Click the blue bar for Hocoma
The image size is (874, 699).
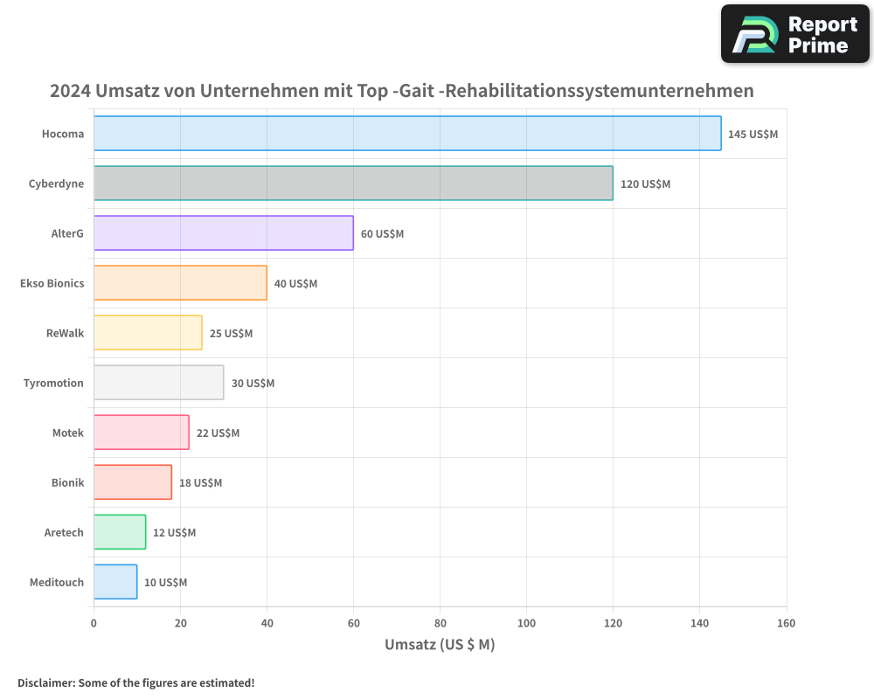pyautogui.click(x=407, y=134)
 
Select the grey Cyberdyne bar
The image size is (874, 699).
pyautogui.click(x=353, y=183)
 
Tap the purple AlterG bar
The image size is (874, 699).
pyautogui.click(x=224, y=233)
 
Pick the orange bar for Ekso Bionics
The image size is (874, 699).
pyautogui.click(x=180, y=283)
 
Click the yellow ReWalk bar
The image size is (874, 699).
pyautogui.click(x=148, y=333)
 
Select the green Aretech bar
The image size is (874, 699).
pyautogui.click(x=120, y=532)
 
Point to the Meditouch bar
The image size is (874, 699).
pyautogui.click(x=115, y=582)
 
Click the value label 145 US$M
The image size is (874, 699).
pyautogui.click(x=753, y=135)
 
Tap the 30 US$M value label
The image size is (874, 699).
pyautogui.click(x=253, y=384)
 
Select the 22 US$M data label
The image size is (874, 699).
pyautogui.click(x=218, y=433)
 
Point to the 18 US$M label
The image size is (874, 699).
pyautogui.click(x=200, y=483)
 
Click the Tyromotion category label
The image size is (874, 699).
pyautogui.click(x=53, y=384)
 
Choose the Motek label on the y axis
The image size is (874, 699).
pyautogui.click(x=68, y=433)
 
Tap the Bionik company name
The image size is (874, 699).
pyautogui.click(x=67, y=483)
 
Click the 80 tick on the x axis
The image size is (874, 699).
pyautogui.click(x=440, y=624)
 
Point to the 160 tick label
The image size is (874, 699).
pyautogui.click(x=786, y=624)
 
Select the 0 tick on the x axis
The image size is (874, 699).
pyautogui.click(x=94, y=624)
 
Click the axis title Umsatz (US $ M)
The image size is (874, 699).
pyautogui.click(x=440, y=645)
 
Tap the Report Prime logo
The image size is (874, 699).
pyautogui.click(x=794, y=34)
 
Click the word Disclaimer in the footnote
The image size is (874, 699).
pyautogui.click(x=45, y=683)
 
